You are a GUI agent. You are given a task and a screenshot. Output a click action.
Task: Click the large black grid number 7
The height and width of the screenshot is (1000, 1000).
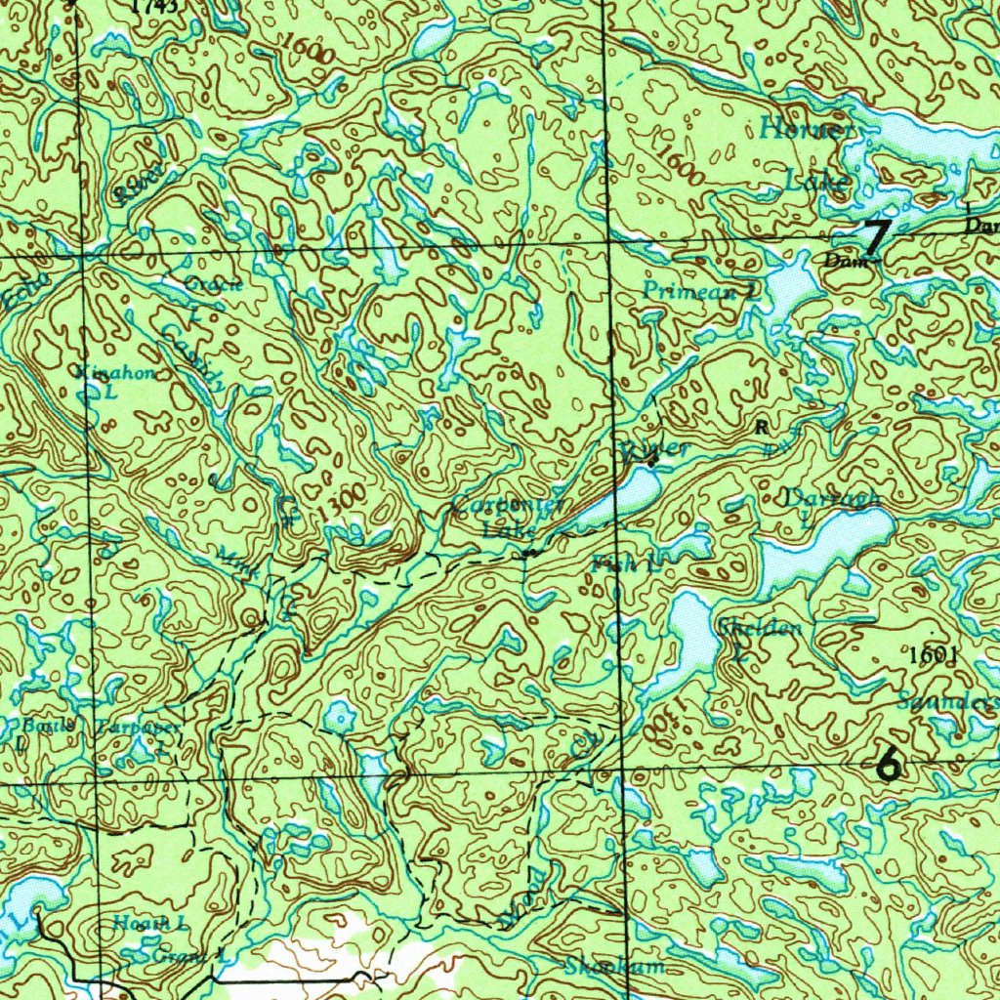[877, 235]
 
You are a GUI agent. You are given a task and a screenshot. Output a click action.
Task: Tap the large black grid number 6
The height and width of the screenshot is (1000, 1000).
[888, 762]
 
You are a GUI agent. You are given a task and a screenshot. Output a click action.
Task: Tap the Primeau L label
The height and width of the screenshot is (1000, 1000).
[700, 290]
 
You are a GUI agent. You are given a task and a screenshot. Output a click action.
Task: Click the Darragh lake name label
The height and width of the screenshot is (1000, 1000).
[832, 499]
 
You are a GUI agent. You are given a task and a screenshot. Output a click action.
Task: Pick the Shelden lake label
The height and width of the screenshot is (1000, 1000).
[760, 628]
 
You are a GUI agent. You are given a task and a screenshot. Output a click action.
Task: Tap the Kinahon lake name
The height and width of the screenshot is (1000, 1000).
[115, 374]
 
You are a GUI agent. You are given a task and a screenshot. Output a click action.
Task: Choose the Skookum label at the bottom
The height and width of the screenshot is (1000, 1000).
[614, 967]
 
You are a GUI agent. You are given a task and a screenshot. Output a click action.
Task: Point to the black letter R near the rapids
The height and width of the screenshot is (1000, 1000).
[760, 426]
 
